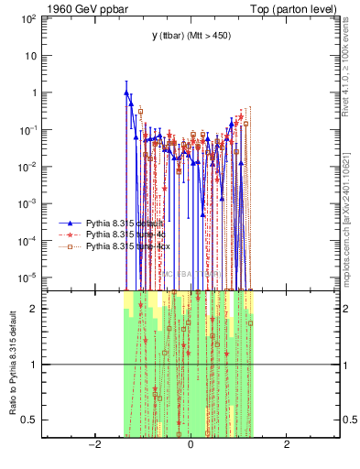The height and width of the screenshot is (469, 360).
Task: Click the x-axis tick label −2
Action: coord(93,445)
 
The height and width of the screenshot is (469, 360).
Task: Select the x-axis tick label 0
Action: coord(191,445)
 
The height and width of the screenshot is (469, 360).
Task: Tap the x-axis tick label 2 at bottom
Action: coord(287,445)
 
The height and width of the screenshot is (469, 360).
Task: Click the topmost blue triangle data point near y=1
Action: coord(126,92)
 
